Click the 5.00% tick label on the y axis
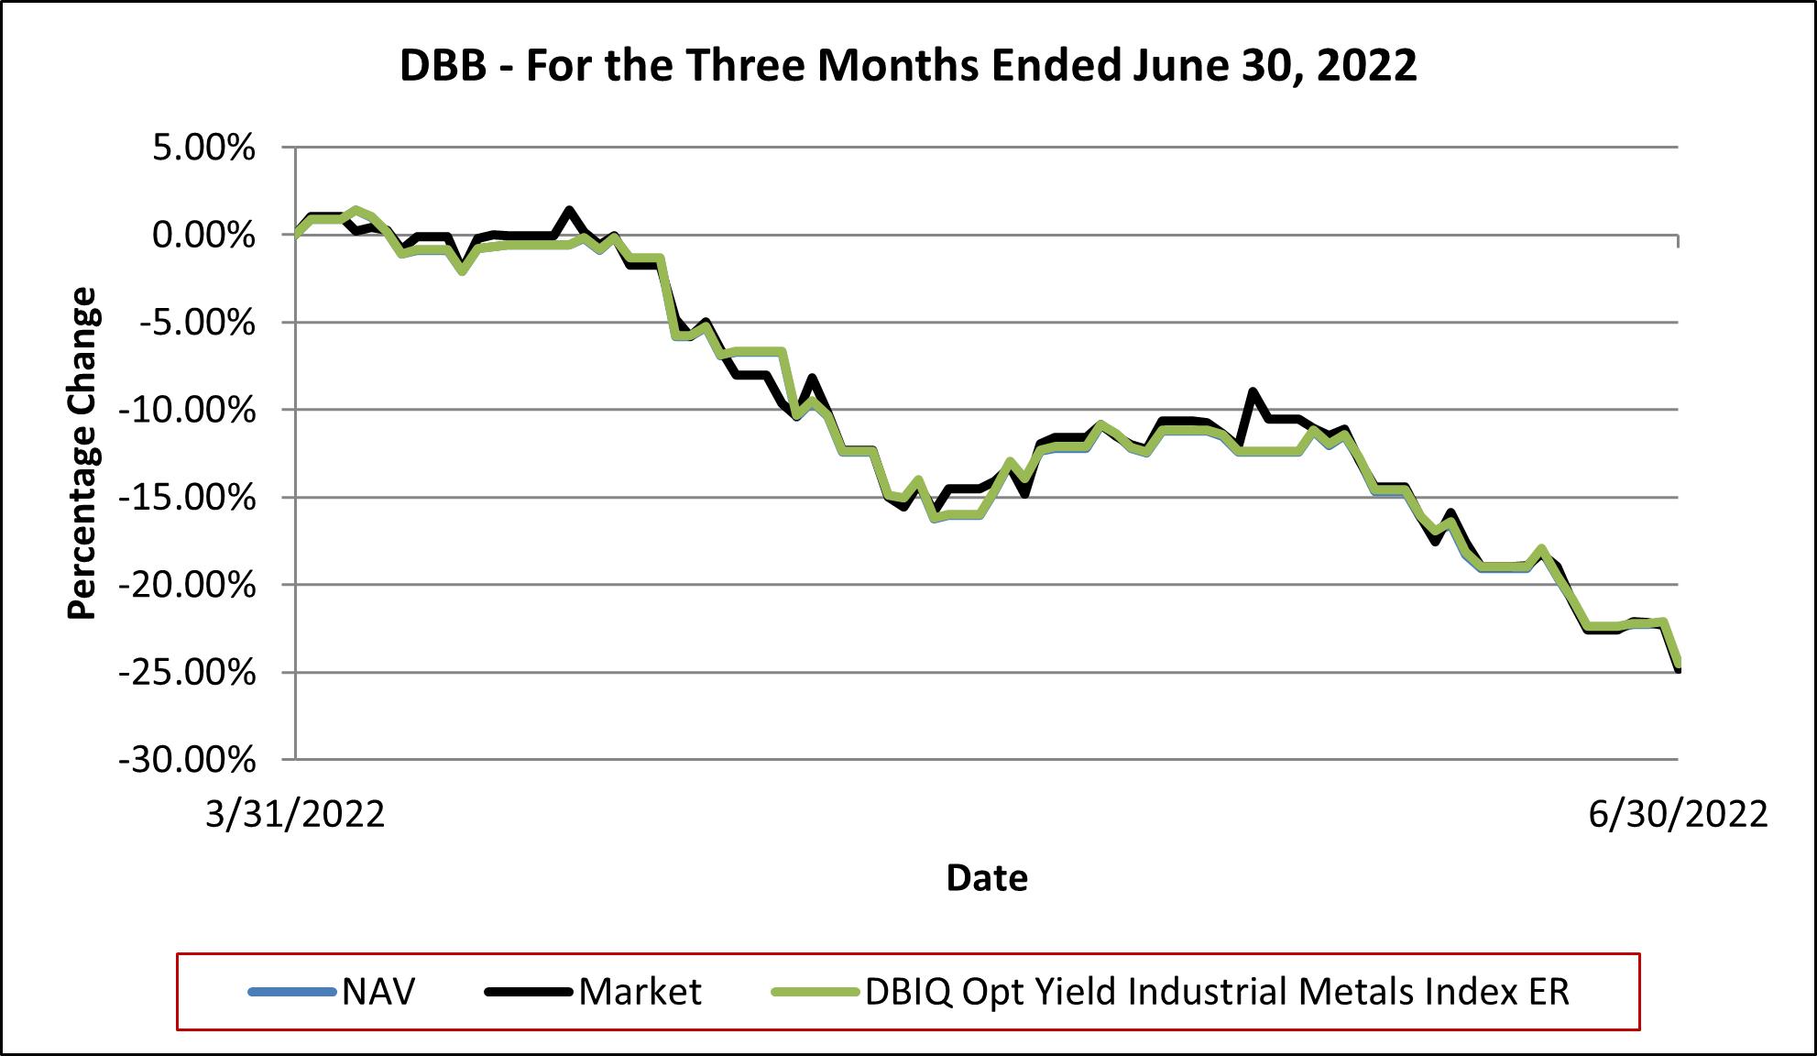pyautogui.click(x=202, y=148)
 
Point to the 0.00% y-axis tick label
pyautogui.click(x=202, y=236)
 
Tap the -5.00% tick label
pyautogui.click(x=195, y=323)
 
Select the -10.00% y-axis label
pyautogui.click(x=187, y=410)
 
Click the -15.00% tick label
pyautogui.click(x=187, y=498)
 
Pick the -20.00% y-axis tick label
pyautogui.click(x=187, y=585)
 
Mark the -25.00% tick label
pyautogui.click(x=187, y=673)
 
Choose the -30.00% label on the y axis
pyautogui.click(x=187, y=760)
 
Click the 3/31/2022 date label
pyautogui.click(x=295, y=814)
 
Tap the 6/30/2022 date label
pyautogui.click(x=1678, y=814)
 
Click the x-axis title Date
pyautogui.click(x=987, y=878)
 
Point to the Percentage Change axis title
pyautogui.click(x=82, y=453)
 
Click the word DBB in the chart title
pyautogui.click(x=443, y=66)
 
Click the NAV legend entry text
pyautogui.click(x=378, y=992)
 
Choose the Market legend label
pyautogui.click(x=640, y=992)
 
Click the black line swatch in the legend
pyautogui.click(x=530, y=992)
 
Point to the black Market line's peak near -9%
pyautogui.click(x=1253, y=391)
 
